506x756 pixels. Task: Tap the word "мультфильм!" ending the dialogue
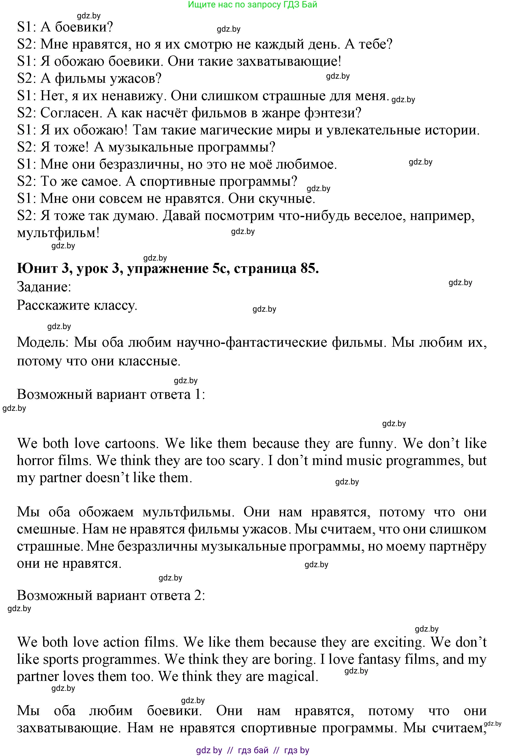click(58, 233)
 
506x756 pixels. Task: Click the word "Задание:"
click(44, 287)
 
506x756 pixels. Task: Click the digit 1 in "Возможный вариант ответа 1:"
click(198, 394)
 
